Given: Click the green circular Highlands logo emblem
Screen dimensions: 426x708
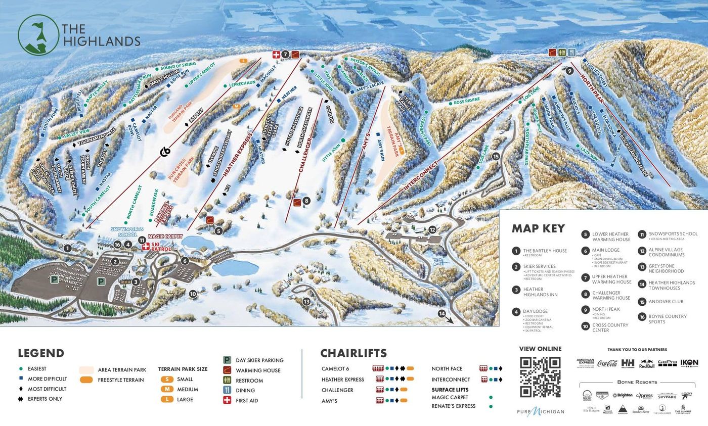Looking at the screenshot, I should click(x=38, y=35).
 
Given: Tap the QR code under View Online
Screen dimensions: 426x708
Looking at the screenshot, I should click(x=540, y=377).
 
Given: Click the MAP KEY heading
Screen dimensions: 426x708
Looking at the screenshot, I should click(x=538, y=228).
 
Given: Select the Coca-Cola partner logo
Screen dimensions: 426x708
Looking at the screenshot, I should click(x=607, y=363).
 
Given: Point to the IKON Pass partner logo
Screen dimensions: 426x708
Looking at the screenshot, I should click(x=689, y=363).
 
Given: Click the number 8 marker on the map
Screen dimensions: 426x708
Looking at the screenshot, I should click(x=306, y=201).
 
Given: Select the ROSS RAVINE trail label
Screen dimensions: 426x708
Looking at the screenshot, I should click(x=466, y=102).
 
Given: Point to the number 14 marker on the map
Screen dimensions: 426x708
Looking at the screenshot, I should click(x=441, y=314).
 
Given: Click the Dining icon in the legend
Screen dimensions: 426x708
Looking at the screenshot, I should click(x=227, y=390).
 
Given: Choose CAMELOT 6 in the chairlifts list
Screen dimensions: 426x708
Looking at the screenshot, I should click(x=335, y=369).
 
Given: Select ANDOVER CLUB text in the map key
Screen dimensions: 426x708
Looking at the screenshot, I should click(x=666, y=302).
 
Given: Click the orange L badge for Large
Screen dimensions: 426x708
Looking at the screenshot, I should click(x=167, y=399).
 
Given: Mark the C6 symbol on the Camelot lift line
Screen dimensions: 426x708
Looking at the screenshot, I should click(x=165, y=151).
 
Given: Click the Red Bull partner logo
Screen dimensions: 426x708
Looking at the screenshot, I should click(x=646, y=363).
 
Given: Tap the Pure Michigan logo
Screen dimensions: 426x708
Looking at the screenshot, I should click(x=540, y=411).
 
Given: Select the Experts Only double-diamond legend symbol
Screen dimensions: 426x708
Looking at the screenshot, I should click(x=21, y=399).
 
